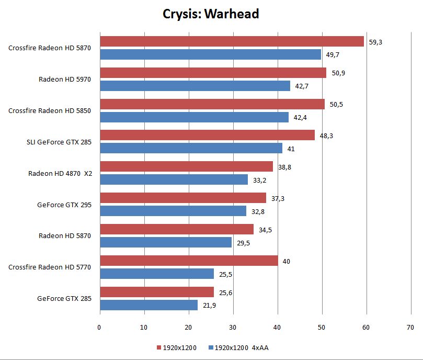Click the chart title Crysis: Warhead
click(x=211, y=14)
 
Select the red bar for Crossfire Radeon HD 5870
click(x=232, y=41)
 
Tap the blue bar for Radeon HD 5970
click(x=195, y=86)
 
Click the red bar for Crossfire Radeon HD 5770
click(x=189, y=261)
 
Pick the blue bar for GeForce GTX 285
click(x=148, y=305)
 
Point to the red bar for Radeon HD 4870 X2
click(x=186, y=166)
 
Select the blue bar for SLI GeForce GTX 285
click(x=191, y=149)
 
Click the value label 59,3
click(x=375, y=42)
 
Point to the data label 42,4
click(x=300, y=117)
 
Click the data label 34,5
click(x=265, y=230)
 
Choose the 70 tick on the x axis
click(x=410, y=328)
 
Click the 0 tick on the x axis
click(x=99, y=328)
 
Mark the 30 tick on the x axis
click(x=233, y=328)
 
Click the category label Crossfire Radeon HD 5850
click(x=50, y=110)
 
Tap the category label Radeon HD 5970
click(x=65, y=80)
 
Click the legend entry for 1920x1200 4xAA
click(x=238, y=347)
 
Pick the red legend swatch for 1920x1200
click(x=158, y=347)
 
